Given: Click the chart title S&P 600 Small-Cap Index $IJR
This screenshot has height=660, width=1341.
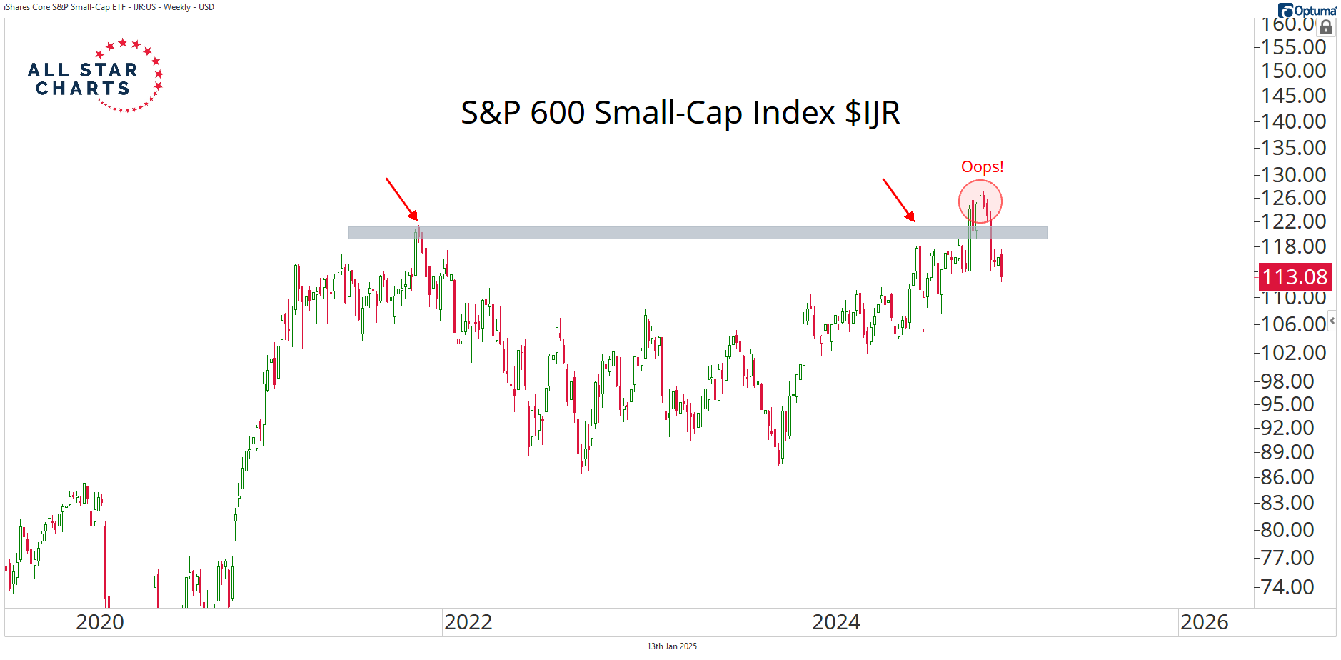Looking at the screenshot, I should (x=680, y=113).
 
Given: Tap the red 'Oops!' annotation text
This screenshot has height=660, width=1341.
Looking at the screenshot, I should (x=982, y=167).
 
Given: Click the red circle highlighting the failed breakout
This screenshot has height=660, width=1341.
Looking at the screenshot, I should (x=980, y=201).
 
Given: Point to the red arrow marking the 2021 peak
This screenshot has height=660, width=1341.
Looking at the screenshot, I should (x=401, y=199).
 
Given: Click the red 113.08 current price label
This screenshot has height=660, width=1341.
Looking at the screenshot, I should (x=1295, y=277).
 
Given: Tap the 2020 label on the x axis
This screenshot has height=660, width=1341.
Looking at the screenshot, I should (x=100, y=622).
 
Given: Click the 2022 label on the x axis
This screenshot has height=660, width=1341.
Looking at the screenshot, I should (x=468, y=622).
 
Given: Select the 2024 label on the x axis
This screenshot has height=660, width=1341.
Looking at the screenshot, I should (x=836, y=622).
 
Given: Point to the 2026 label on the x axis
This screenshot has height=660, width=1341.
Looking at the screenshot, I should (x=1205, y=622).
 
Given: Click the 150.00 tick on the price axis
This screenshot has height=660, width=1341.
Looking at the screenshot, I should (x=1293, y=71).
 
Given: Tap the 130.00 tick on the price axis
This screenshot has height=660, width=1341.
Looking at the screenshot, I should (x=1293, y=174).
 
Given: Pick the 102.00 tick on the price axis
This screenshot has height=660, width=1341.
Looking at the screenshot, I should (x=1293, y=352).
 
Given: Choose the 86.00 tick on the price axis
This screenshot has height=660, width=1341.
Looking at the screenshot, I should (x=1287, y=476).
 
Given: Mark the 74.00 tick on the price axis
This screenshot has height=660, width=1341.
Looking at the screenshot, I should (x=1287, y=586).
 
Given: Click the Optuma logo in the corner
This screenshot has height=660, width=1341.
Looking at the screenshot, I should (x=1307, y=10).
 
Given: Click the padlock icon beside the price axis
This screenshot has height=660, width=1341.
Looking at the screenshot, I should (x=1326, y=27).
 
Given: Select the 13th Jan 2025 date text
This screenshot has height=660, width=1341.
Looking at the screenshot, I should (x=672, y=646).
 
